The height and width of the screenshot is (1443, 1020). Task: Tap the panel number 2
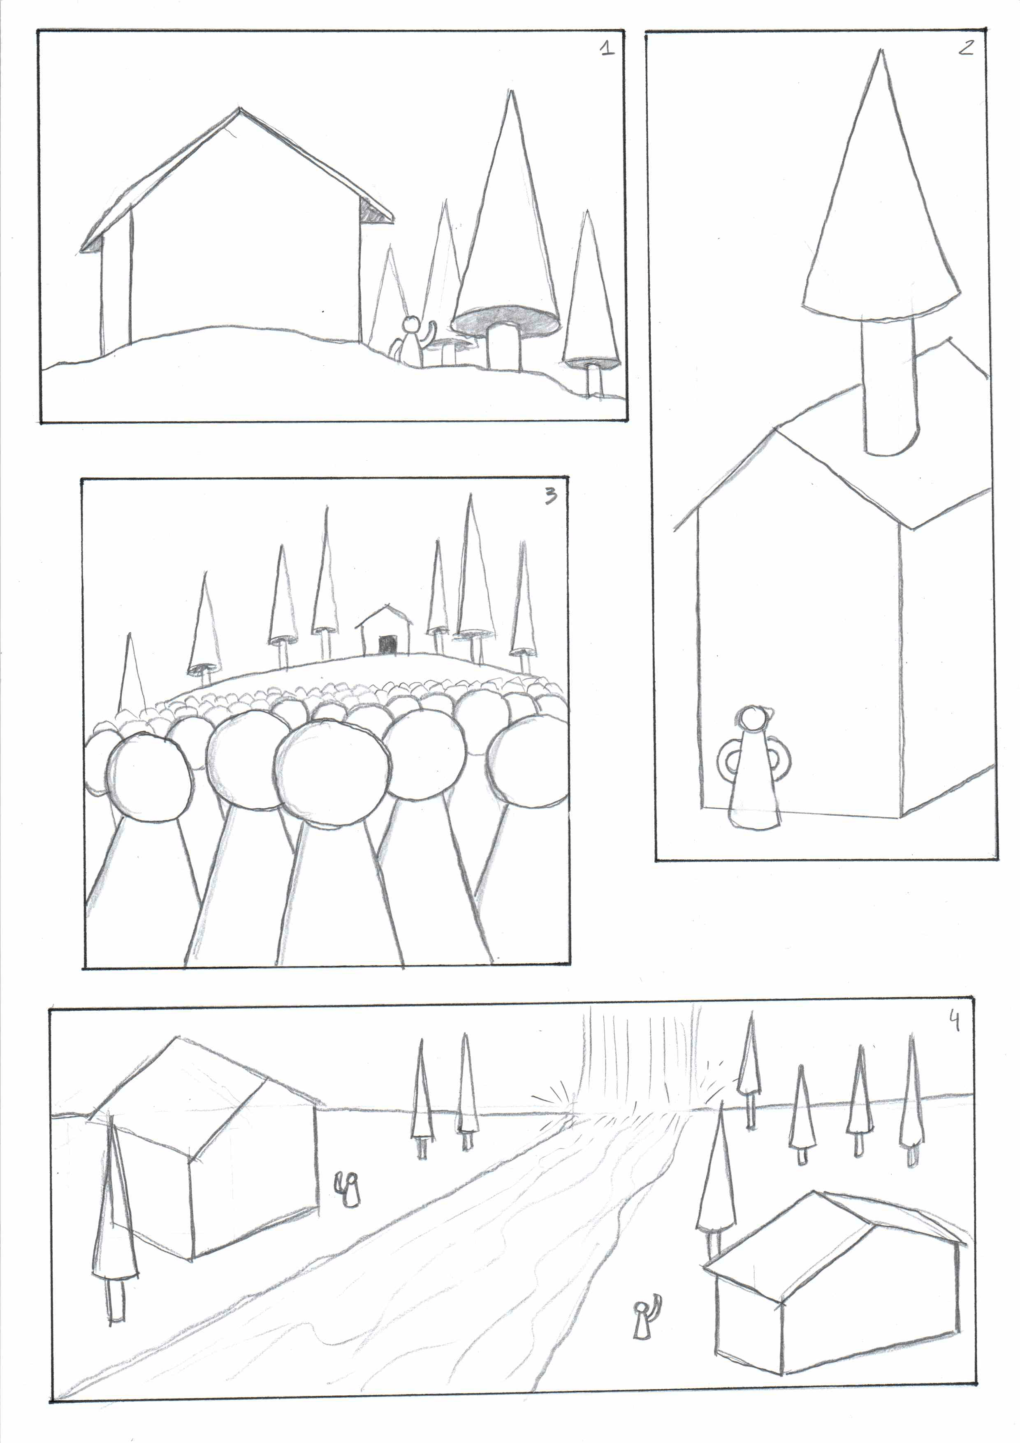tap(966, 47)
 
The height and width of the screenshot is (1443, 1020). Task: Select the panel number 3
tap(551, 496)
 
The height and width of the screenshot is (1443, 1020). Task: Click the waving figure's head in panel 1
tap(410, 324)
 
